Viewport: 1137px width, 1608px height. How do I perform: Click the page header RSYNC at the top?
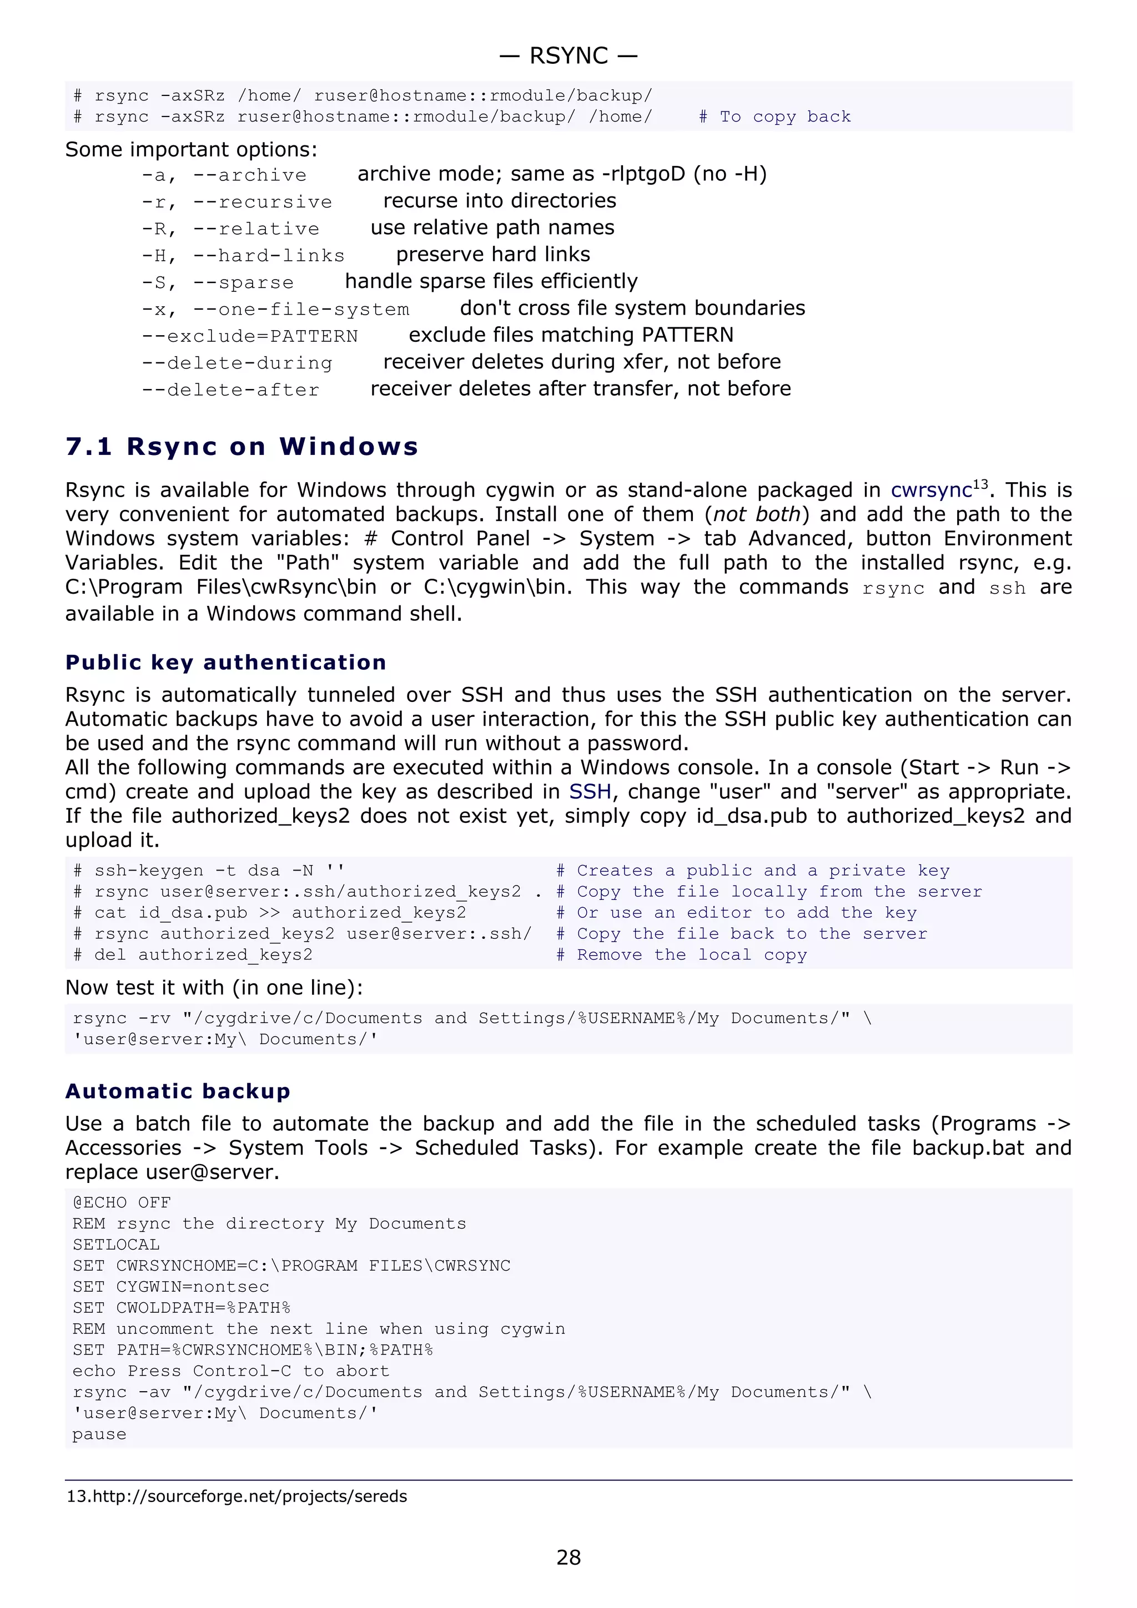pos(568,55)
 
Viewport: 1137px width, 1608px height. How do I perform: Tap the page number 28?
pos(568,1557)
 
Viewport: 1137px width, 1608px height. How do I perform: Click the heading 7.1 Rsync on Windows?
pos(242,446)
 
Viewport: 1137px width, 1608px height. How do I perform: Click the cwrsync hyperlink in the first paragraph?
pos(931,491)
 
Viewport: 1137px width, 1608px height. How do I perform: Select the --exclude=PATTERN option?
pos(250,336)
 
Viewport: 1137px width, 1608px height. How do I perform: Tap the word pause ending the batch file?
pos(99,1434)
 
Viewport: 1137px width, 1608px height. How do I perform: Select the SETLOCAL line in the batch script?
pos(116,1245)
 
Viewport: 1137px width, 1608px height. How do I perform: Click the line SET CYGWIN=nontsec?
pos(171,1287)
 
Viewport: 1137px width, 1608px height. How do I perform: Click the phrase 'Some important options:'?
pos(191,149)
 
